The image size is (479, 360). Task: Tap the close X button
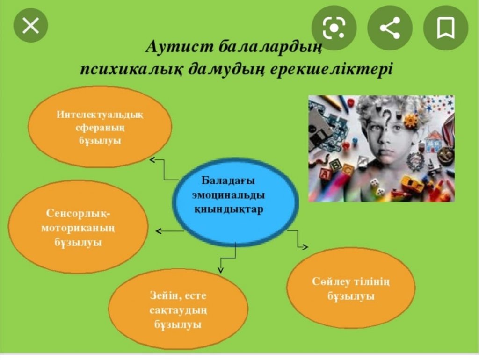pos(30,25)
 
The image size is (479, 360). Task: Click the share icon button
pos(390,28)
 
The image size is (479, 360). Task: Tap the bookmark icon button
pos(446,28)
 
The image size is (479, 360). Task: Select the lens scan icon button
pos(334,28)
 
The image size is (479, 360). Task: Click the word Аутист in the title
pos(179,47)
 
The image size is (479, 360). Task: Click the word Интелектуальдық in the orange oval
pos(100,115)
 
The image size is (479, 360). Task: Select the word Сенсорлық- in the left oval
pos(78,213)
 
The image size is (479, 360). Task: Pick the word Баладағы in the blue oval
pos(228,180)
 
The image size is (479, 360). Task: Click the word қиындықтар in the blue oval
pos(228,209)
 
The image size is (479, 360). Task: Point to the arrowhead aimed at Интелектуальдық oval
pos(152,159)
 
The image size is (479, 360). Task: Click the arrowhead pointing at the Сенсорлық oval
pos(158,231)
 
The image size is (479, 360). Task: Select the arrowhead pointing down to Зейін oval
pos(221,270)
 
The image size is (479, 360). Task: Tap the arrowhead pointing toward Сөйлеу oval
pos(305,247)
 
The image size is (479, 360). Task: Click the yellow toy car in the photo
pos(413,184)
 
